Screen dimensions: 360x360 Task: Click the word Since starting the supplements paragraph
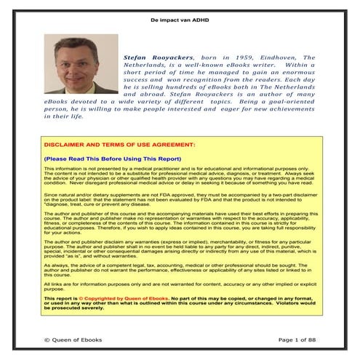coord(52,195)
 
